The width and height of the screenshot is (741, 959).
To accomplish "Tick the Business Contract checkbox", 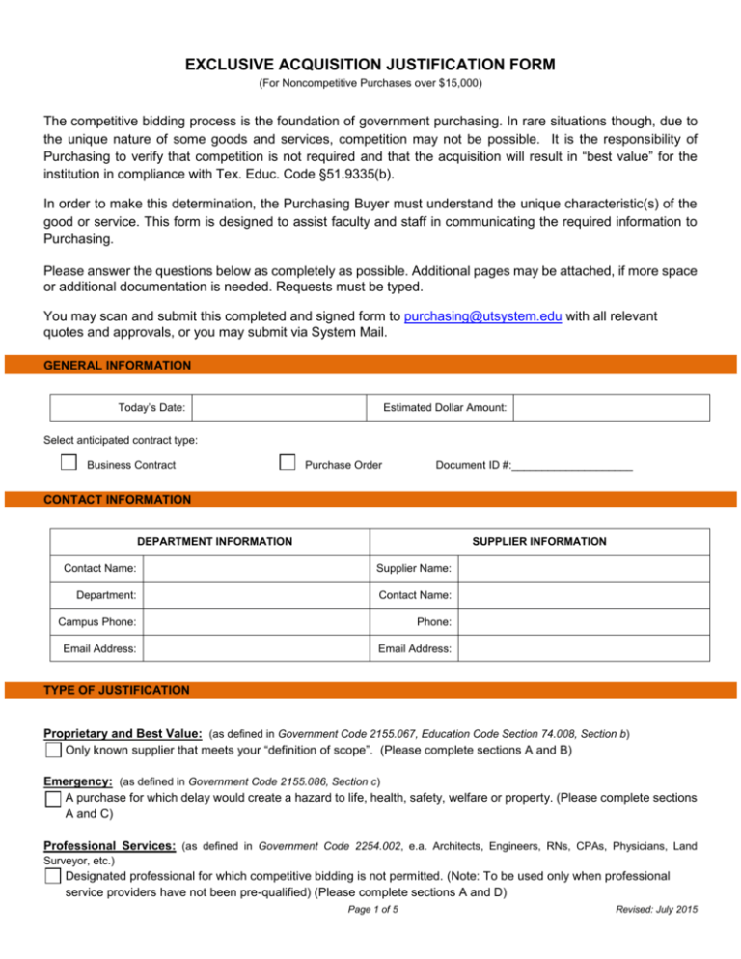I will point(69,464).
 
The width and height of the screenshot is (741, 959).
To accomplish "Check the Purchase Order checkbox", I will point(287,464).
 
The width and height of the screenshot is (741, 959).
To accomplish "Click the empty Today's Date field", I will point(280,408).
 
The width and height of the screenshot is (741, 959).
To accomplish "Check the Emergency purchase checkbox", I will point(54,799).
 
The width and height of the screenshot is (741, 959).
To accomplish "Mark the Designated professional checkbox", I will point(54,875).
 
